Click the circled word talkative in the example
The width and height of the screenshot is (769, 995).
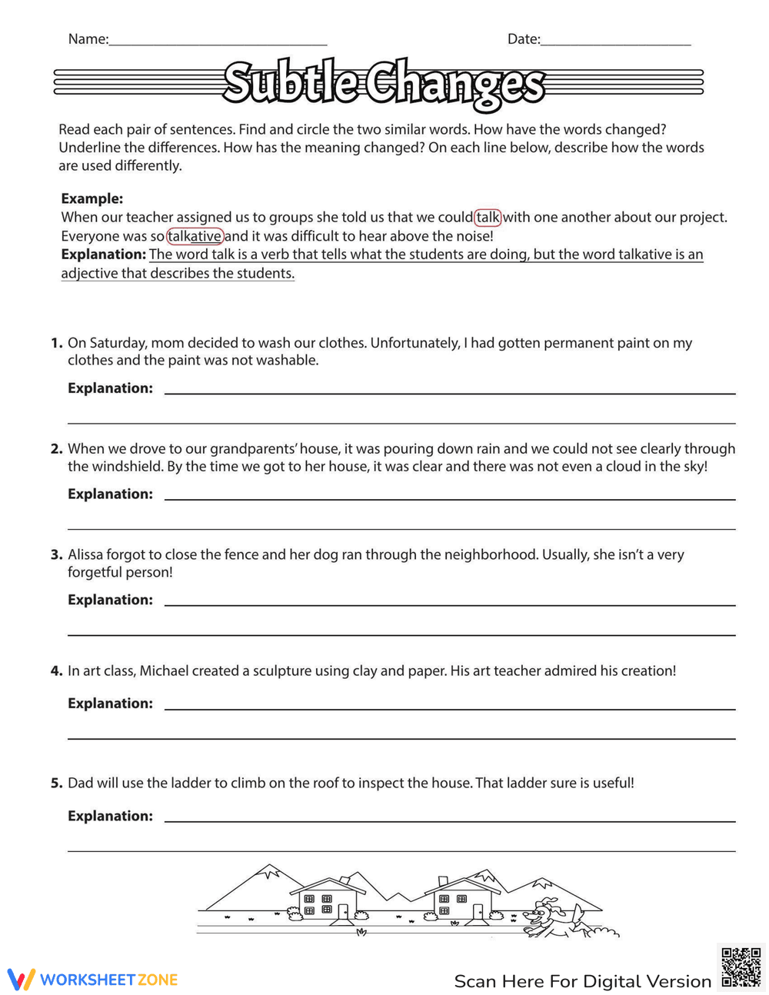[195, 236]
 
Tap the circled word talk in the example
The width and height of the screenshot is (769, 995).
[488, 218]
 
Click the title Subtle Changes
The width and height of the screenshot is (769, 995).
[384, 83]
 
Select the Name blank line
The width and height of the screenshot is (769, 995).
[218, 42]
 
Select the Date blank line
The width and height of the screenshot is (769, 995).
[615, 42]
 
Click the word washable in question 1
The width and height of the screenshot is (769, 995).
[289, 361]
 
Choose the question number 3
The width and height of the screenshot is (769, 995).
[56, 555]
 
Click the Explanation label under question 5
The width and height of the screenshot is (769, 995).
[110, 817]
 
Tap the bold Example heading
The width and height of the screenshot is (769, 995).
[92, 198]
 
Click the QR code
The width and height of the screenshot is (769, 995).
[741, 967]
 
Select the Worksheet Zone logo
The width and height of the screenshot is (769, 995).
[93, 980]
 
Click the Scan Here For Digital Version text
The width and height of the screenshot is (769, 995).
[582, 982]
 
